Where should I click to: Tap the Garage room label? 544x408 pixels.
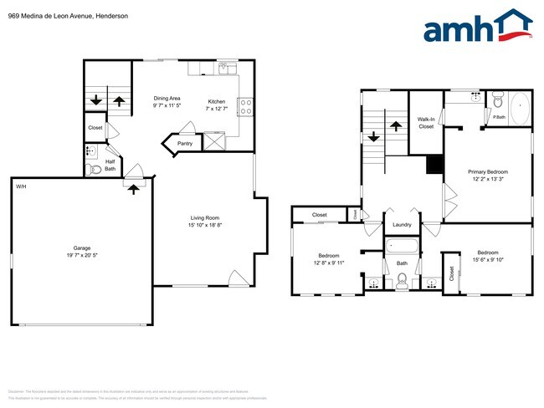coord(80,248)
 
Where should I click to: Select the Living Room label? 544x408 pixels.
coord(204,217)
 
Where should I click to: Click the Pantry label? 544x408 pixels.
coord(185,143)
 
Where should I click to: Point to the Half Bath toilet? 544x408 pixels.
coord(94,169)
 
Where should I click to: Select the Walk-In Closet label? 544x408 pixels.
coord(426,123)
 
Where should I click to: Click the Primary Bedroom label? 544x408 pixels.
coord(487,171)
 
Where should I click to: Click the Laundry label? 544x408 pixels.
coord(402,224)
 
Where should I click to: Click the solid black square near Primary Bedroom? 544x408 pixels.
coord(434,166)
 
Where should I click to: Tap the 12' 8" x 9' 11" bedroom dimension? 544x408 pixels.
coord(327,263)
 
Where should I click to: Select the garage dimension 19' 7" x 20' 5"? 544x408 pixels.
coord(80,256)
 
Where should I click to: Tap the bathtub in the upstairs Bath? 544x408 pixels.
coord(402,247)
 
